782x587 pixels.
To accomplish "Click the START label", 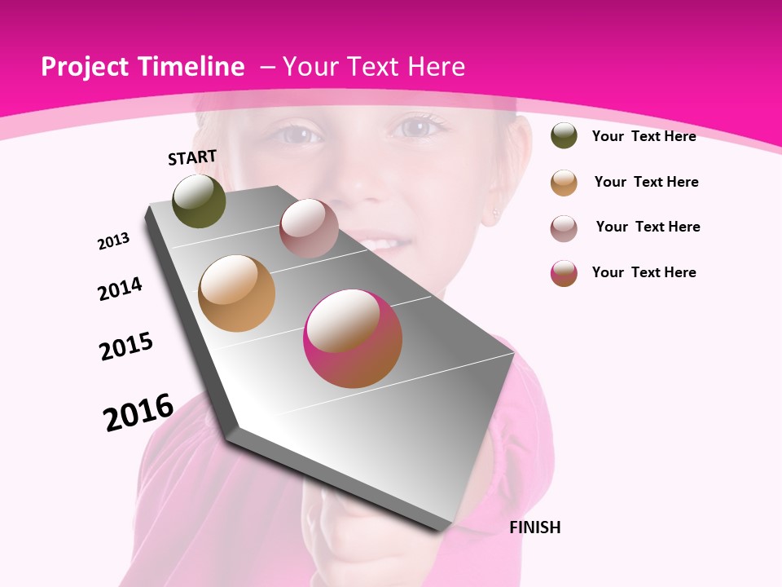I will tap(192, 157).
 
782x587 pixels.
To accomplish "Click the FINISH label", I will tap(534, 527).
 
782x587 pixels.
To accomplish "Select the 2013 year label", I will tap(113, 241).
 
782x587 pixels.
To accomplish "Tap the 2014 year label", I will tap(120, 289).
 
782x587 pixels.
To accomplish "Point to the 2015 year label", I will tap(126, 346).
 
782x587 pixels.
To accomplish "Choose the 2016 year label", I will tap(138, 413).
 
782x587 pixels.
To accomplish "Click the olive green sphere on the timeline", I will tap(200, 201).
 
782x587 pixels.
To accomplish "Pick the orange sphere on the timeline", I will tap(237, 293).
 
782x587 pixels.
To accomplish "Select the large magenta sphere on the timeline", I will tap(353, 338).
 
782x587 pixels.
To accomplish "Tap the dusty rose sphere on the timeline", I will tap(309, 228).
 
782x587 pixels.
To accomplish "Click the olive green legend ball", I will tap(564, 136).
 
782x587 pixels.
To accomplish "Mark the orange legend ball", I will tap(564, 183).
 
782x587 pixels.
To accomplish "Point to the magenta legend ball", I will tap(564, 273).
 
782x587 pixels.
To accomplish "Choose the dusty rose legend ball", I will tap(564, 228).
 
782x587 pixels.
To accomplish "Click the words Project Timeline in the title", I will tap(143, 67).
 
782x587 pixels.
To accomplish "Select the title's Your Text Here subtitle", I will tap(373, 67).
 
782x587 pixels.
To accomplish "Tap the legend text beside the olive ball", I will tap(644, 136).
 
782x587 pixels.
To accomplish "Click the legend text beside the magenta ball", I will tap(644, 272).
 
